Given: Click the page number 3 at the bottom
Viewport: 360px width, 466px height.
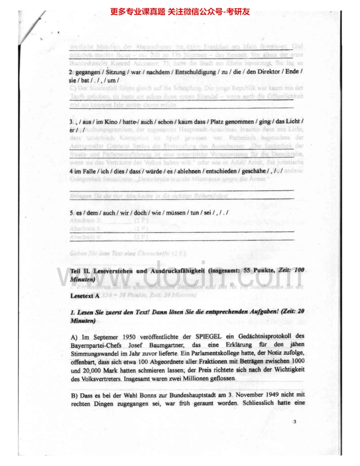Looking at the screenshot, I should point(294,422).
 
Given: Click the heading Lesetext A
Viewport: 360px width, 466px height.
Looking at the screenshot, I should point(83,297).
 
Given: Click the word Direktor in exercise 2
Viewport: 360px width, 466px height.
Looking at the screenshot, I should point(272,72).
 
